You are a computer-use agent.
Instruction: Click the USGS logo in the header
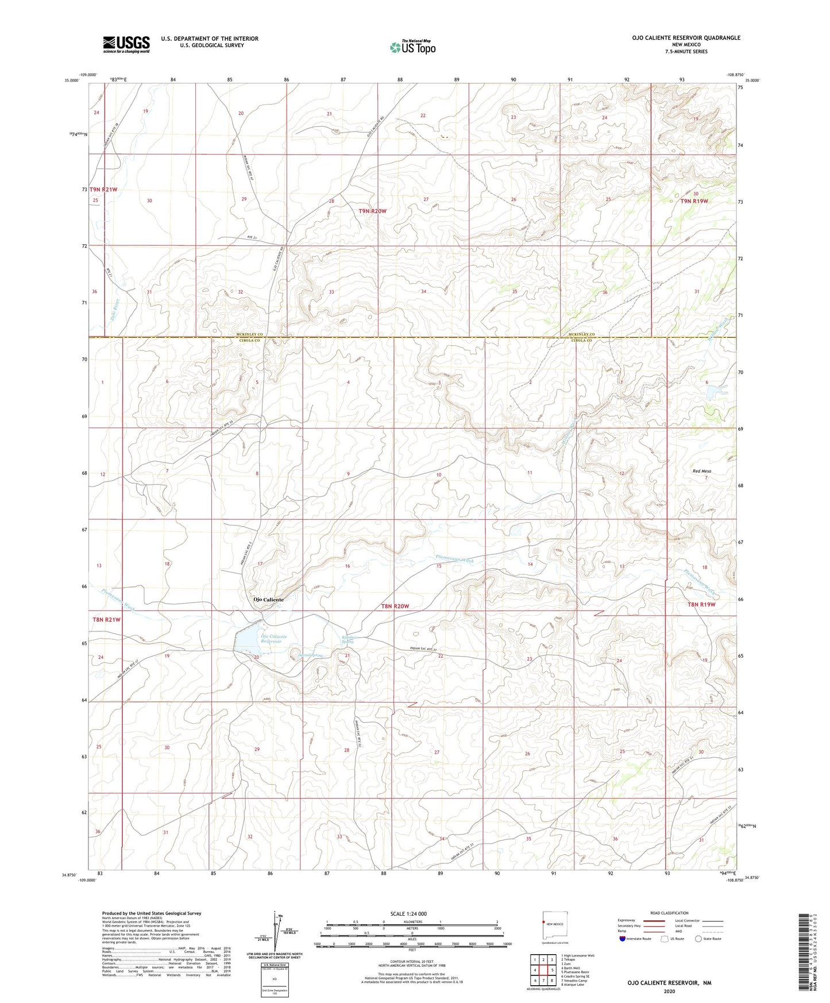point(126,44)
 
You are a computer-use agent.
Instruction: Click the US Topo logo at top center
point(412,47)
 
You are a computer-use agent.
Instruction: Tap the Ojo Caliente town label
point(268,599)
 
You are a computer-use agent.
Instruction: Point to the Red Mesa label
point(701,471)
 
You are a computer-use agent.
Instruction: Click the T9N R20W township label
point(373,211)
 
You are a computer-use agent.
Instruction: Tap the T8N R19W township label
point(701,604)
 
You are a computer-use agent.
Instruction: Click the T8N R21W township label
point(106,619)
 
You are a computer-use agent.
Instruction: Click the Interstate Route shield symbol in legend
point(624,939)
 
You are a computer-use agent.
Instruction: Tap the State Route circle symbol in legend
point(698,939)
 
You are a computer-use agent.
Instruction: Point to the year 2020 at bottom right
point(669,991)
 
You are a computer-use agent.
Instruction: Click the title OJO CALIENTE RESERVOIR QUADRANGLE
point(686,37)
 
